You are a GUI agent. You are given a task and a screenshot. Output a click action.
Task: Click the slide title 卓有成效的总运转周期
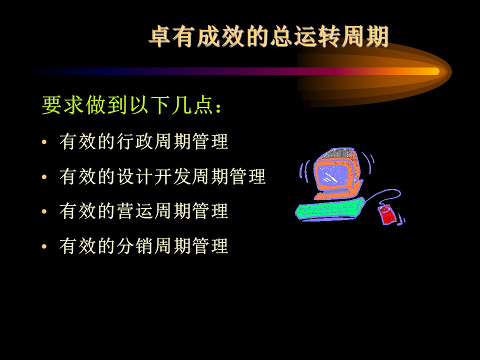coord(269,36)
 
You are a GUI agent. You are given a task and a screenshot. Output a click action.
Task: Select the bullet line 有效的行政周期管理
coord(144,141)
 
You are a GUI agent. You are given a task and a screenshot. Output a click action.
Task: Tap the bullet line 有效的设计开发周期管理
coord(162,176)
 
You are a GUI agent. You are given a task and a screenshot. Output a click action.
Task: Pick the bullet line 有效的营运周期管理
coord(144,211)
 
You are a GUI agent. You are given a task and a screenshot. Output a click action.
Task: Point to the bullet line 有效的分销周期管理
coord(144,246)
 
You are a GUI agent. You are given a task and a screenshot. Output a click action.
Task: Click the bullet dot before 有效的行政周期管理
coord(44,142)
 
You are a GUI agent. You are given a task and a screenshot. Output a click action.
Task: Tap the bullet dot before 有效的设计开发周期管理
coord(44,177)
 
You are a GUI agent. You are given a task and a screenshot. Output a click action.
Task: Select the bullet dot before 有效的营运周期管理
coord(44,211)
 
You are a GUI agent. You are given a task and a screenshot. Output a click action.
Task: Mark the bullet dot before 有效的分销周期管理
coord(44,246)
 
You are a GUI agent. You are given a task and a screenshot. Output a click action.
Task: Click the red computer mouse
coord(387,215)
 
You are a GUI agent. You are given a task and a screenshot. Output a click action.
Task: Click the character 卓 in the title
coord(160,36)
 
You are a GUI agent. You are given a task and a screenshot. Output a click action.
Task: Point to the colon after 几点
coord(218,107)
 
